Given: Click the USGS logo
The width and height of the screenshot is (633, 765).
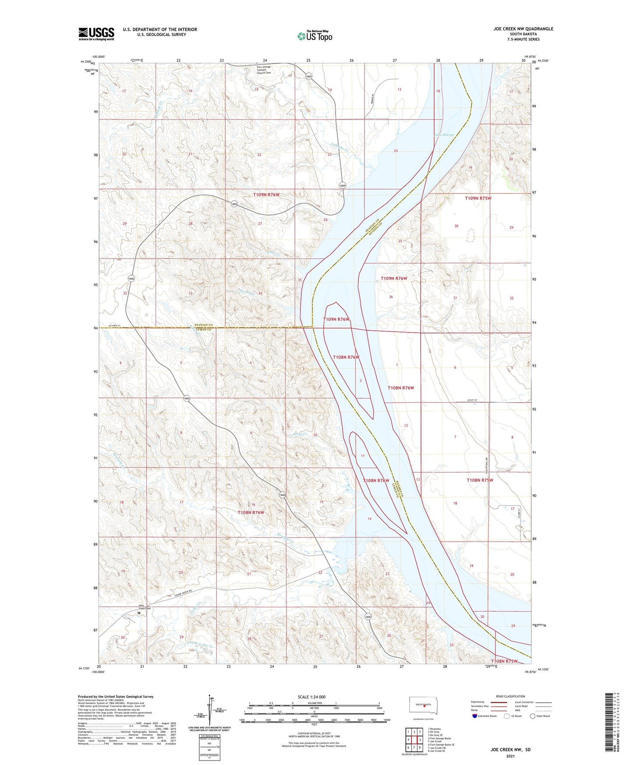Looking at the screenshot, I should pyautogui.click(x=96, y=34).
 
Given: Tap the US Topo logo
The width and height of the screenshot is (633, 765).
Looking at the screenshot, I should pyautogui.click(x=315, y=36).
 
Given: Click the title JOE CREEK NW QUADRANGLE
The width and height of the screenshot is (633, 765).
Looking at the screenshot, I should pyautogui.click(x=523, y=29).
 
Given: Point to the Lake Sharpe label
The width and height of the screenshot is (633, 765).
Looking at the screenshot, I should pyautogui.click(x=444, y=135).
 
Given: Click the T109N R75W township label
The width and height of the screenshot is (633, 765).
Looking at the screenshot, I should pyautogui.click(x=478, y=198).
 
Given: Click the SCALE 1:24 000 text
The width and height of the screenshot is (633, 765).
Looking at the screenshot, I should pyautogui.click(x=311, y=697).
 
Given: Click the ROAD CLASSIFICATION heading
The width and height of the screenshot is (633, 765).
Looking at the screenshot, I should pyautogui.click(x=510, y=696).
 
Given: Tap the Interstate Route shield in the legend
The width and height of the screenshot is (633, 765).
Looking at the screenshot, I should pyautogui.click(x=475, y=716).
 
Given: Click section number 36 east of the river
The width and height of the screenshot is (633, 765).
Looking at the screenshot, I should pyautogui.click(x=391, y=297).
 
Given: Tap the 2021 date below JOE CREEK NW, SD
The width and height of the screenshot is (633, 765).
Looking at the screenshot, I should pyautogui.click(x=510, y=756).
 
